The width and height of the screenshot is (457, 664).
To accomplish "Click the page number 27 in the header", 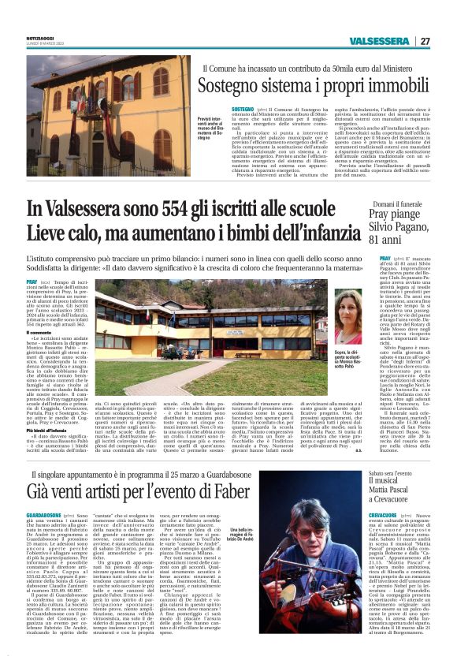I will (x=425, y=41).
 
